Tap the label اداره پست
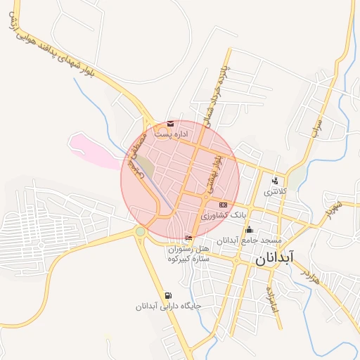(x=173, y=134)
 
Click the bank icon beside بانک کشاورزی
(x=223, y=205)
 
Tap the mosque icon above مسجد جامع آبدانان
(x=249, y=229)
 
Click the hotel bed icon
(x=188, y=237)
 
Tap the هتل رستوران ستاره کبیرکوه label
(x=189, y=255)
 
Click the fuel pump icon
(x=167, y=295)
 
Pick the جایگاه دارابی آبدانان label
(x=169, y=307)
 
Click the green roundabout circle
(x=141, y=231)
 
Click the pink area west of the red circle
(x=95, y=150)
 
